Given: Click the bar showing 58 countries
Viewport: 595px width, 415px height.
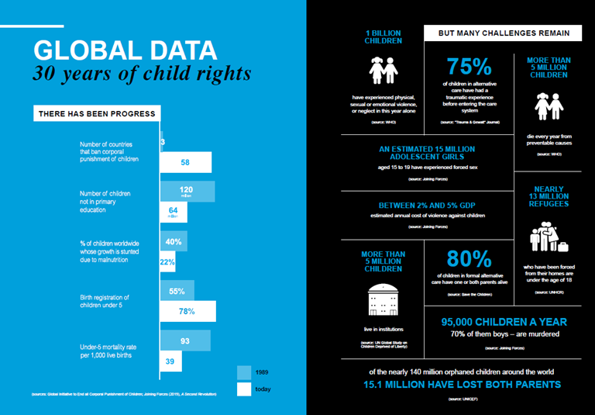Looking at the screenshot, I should click(185, 163).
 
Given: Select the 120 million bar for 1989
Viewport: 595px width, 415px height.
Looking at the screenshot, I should click(185, 191).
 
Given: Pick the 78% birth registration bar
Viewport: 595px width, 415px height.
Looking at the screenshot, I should click(186, 312).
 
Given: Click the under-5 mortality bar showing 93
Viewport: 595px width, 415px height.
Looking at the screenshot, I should click(184, 341).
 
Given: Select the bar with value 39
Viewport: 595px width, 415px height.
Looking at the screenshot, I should click(170, 362).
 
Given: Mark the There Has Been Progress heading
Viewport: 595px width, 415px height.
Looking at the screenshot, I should click(96, 114).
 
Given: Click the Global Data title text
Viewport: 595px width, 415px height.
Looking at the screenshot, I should click(126, 50).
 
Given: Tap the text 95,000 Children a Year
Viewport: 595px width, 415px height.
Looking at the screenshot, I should click(504, 321).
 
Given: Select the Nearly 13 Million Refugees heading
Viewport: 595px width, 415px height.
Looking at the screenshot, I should click(549, 196).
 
